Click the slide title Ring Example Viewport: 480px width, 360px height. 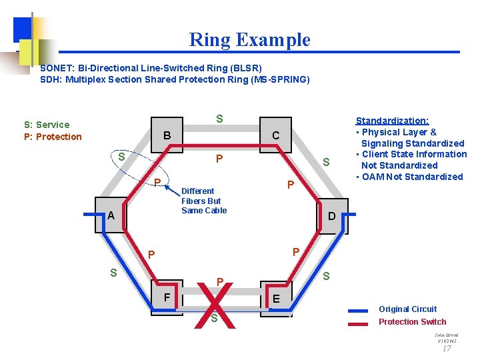250,40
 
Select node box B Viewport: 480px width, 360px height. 167,135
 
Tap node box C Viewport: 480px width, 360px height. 275,136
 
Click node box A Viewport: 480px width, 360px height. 111,215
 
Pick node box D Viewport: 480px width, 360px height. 331,216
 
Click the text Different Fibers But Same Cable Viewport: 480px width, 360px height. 204,201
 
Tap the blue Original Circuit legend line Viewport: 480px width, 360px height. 358,310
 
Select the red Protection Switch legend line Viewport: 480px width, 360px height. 358,323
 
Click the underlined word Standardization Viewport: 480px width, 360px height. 392,121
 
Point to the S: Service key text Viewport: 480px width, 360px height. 47,125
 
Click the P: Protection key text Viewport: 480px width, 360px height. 53,137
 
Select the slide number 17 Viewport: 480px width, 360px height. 447,348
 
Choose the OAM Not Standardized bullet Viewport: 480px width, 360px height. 411,177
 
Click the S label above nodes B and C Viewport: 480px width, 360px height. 219,119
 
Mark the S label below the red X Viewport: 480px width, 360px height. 215,319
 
